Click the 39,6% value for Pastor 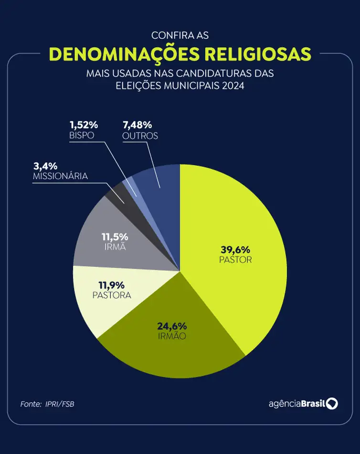pos(235,249)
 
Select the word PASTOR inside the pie pos(235,260)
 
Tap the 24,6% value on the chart pos(172,326)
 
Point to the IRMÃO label pos(172,336)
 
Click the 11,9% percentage pos(111,285)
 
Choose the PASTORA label pos(111,295)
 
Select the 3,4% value pos(45,166)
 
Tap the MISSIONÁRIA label pos(60,176)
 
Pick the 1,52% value pos(84,125)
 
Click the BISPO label pos(81,135)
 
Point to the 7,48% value pos(138,125)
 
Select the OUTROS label pos(140,136)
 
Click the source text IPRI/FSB pos(60,404)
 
